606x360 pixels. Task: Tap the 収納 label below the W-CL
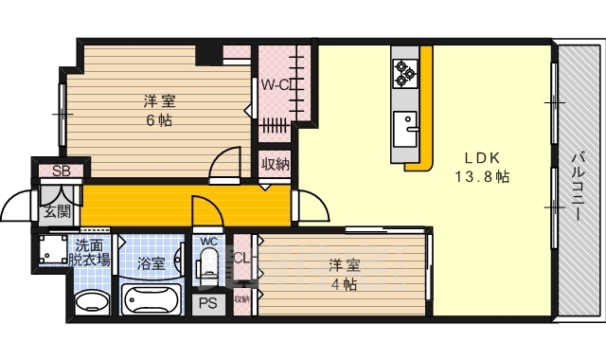point(276,164)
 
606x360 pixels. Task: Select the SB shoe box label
point(62,171)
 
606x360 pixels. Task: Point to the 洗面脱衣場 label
point(92,253)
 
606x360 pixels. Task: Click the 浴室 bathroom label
point(151,262)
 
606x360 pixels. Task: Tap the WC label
point(209,242)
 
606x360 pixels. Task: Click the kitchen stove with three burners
point(406,72)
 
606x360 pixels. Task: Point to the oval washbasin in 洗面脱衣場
point(92,303)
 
